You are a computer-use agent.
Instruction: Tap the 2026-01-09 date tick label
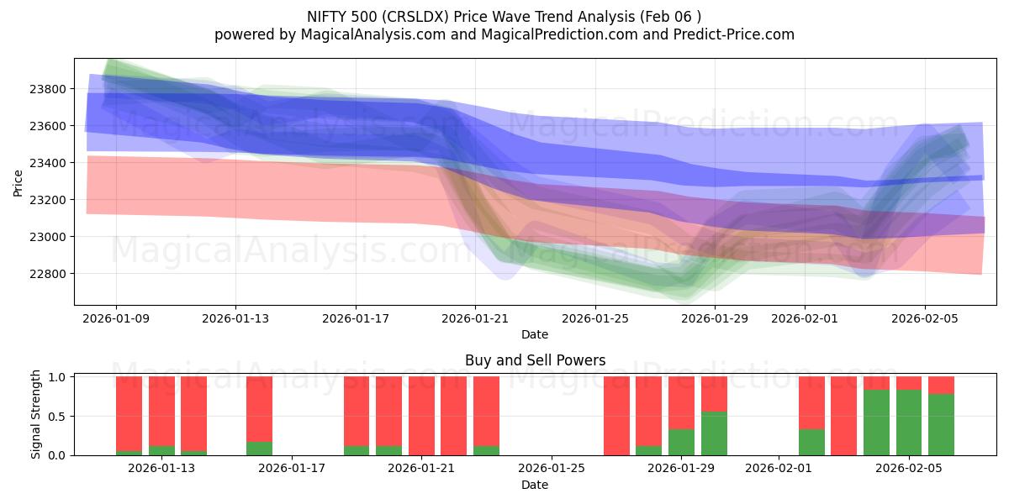(116, 318)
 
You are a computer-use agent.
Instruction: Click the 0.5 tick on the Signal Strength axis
(56, 417)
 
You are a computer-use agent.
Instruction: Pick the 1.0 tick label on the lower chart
(56, 377)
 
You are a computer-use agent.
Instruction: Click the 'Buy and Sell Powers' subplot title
(535, 360)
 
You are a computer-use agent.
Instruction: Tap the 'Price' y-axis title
(19, 182)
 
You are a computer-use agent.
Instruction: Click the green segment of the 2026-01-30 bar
(714, 433)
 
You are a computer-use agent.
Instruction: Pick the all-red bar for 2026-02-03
(843, 416)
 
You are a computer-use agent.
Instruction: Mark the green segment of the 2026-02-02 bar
(811, 442)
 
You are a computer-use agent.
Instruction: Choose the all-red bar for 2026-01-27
(616, 416)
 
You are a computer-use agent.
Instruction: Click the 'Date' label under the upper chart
(535, 334)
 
